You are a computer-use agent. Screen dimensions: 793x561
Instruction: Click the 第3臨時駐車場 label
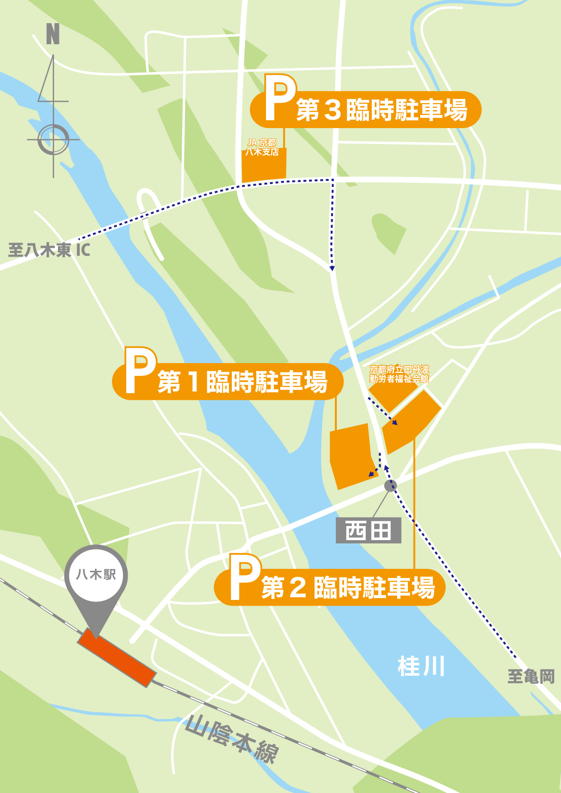point(382,110)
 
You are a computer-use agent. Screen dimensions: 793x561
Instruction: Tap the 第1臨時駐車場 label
point(243,382)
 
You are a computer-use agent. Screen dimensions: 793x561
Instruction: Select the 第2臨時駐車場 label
point(348,588)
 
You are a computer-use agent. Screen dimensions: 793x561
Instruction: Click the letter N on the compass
point(53,34)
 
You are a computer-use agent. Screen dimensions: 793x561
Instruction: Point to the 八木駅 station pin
point(96,575)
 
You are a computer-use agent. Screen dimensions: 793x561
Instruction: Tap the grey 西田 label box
point(368,531)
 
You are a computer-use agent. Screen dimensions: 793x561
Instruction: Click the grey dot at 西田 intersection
point(390,486)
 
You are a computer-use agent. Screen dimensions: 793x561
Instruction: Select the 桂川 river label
point(421,667)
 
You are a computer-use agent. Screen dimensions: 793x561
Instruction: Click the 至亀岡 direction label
point(531,677)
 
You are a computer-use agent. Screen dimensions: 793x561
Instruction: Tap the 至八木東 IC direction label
point(49,250)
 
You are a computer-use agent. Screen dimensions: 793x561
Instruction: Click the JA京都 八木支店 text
point(262,147)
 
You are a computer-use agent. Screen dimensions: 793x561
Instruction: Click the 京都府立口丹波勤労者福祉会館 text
point(399,374)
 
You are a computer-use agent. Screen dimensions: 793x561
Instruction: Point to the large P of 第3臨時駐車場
point(280,98)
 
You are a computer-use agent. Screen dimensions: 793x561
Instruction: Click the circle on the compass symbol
point(53,140)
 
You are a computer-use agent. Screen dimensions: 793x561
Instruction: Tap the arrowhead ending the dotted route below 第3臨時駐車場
point(332,268)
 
